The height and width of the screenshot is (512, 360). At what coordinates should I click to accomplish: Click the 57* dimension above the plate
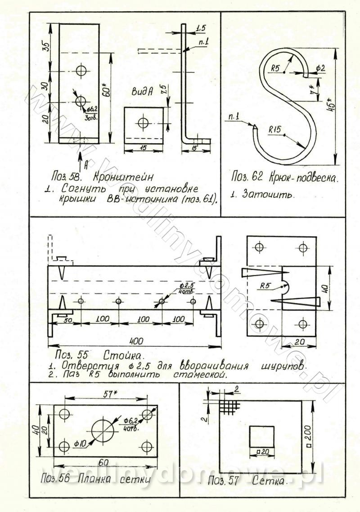click(107, 393)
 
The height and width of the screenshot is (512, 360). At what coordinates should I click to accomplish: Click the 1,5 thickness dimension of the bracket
click(201, 29)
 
